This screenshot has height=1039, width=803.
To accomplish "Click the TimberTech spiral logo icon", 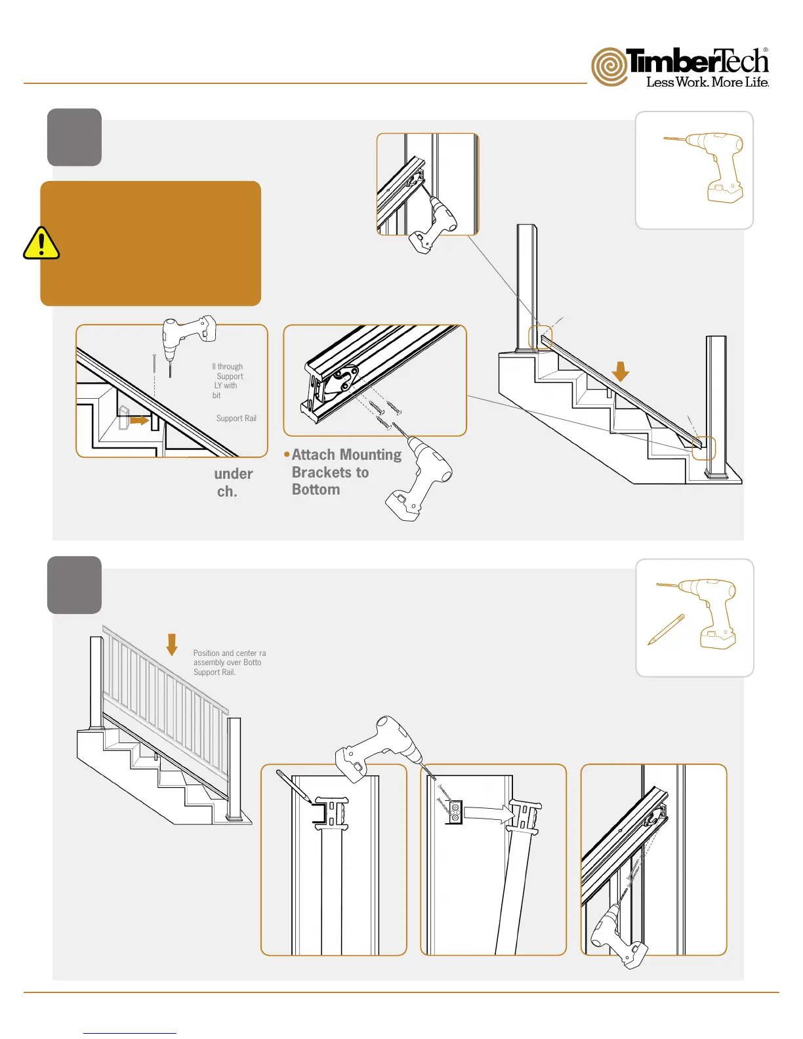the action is [x=609, y=66].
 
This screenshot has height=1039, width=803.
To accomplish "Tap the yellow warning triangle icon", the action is [x=41, y=244].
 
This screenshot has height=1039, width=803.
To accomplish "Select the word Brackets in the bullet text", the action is [x=321, y=472].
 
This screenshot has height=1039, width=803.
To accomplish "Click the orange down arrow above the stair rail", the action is [x=620, y=371].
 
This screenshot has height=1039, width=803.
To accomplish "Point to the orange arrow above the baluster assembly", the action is [x=172, y=644].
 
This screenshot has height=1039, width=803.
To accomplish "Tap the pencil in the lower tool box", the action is [x=666, y=630].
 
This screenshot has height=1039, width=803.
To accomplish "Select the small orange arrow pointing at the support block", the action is [x=139, y=420].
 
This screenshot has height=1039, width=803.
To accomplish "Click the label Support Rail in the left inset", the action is [x=236, y=418].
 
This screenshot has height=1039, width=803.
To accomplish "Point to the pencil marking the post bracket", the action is [x=293, y=786].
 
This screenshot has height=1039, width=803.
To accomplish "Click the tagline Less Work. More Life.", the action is [x=707, y=82].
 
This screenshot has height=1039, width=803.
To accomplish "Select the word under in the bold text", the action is [x=234, y=474].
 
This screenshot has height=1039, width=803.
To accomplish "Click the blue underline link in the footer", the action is [x=130, y=1033].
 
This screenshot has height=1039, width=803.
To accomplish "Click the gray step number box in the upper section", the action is [x=74, y=137].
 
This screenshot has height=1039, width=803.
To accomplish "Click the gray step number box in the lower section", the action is [x=74, y=585].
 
